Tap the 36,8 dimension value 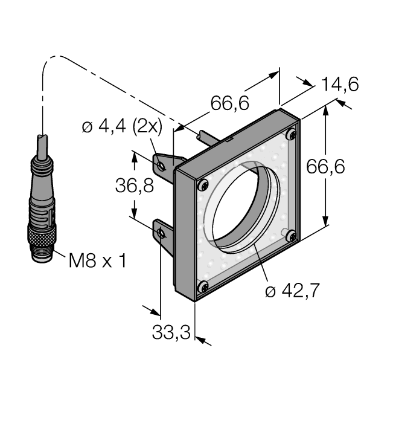coord(134,186)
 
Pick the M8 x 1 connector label coord(97,261)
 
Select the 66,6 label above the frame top coord(229,103)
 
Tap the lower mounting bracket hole coord(161,233)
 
